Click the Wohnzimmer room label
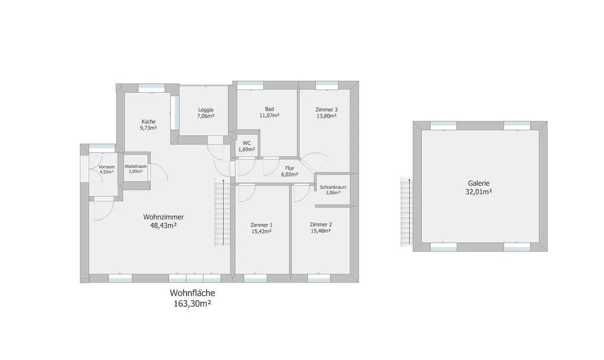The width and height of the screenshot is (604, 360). point(164,217)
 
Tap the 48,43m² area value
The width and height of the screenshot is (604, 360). point(164,226)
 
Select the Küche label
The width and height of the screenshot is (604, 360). point(148,121)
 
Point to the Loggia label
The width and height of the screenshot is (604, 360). point(206,110)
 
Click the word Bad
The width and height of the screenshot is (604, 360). point(269,109)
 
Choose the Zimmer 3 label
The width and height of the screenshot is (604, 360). point(327,109)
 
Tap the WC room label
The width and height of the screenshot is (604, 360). point(247,143)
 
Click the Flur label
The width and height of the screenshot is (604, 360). point(289,168)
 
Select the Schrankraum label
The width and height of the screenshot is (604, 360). point(333,187)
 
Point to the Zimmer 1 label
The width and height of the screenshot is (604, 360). point(262,225)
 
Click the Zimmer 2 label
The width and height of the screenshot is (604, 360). point(321,225)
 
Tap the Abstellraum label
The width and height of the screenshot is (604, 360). point(135,166)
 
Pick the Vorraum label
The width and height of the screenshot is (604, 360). point(107,167)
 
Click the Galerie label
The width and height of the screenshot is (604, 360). point(479,183)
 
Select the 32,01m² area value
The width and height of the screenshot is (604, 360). point(479,192)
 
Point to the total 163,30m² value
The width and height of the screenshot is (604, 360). point(192,304)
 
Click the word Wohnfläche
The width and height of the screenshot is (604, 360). point(192,293)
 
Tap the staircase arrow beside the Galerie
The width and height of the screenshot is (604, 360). point(410,211)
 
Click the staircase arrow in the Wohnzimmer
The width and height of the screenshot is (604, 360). point(223,212)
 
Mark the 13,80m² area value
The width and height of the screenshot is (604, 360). point(327,116)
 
